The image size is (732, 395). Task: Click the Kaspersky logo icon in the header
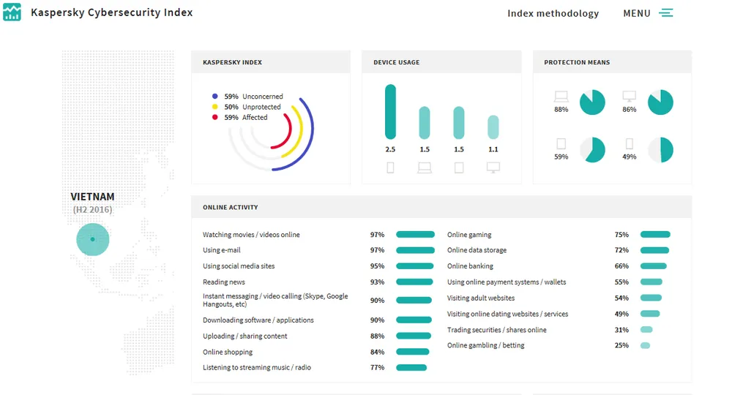click(x=12, y=12)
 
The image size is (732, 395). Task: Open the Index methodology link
click(x=553, y=13)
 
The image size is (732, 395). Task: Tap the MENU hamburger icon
click(x=665, y=13)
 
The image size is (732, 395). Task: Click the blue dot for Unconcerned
click(x=214, y=97)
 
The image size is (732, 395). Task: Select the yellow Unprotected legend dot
click(x=214, y=107)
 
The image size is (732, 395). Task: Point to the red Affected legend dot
click(x=214, y=117)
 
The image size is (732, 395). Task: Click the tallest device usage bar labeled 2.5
click(x=390, y=111)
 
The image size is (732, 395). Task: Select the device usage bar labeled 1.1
click(x=493, y=127)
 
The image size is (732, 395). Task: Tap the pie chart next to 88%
click(x=592, y=102)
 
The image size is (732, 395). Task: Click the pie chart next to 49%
click(x=660, y=149)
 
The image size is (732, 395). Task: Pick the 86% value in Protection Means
click(x=629, y=110)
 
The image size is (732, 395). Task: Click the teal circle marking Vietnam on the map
click(x=92, y=239)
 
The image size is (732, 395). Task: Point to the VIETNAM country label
click(x=92, y=197)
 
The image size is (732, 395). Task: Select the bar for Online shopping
click(x=413, y=352)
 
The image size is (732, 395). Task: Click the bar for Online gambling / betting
click(x=645, y=345)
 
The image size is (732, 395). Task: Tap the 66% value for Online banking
click(x=621, y=266)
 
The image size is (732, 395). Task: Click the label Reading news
click(x=224, y=282)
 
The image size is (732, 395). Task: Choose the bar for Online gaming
click(x=655, y=235)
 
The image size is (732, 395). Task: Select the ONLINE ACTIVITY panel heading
click(x=231, y=208)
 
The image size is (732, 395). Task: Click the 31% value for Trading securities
click(x=621, y=330)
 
